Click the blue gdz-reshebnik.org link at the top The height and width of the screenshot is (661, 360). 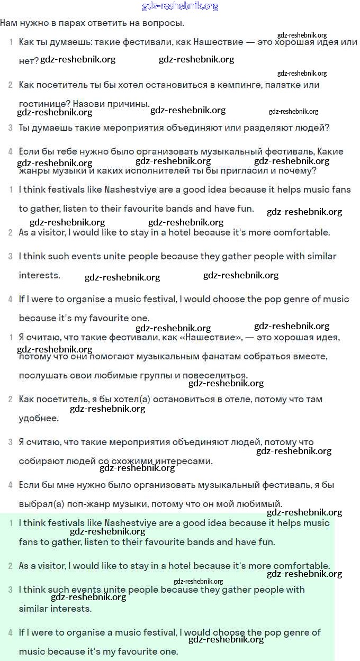coord(180,6)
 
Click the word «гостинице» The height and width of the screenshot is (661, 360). coord(42,104)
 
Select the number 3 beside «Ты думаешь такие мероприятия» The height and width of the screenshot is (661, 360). coord(10,128)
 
